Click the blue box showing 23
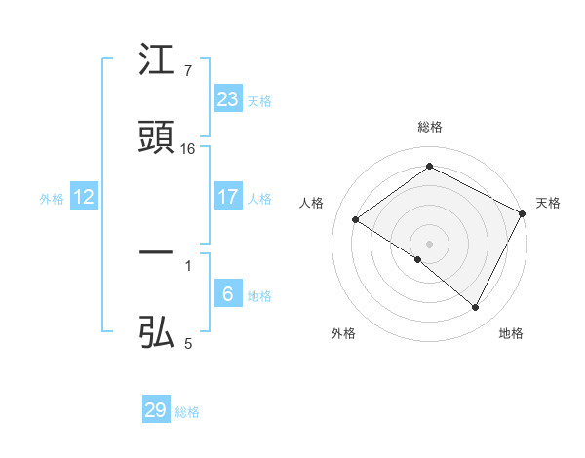pyautogui.click(x=228, y=99)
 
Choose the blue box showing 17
pyautogui.click(x=228, y=197)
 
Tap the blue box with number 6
pyautogui.click(x=228, y=294)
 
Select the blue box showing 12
pyautogui.click(x=84, y=198)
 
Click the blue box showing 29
pyautogui.click(x=156, y=410)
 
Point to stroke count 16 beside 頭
pyautogui.click(x=188, y=149)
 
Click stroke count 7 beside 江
pyautogui.click(x=188, y=71)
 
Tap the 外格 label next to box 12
pyautogui.click(x=52, y=199)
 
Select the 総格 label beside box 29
pyautogui.click(x=187, y=412)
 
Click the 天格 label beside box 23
pyautogui.click(x=259, y=101)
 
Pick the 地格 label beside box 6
pyautogui.click(x=259, y=296)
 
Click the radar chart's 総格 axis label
pyautogui.click(x=430, y=127)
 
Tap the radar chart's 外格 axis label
pyautogui.click(x=343, y=333)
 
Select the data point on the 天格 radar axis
pyautogui.click(x=523, y=213)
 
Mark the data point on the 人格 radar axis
pyautogui.click(x=356, y=220)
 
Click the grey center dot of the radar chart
pyautogui.click(x=430, y=243)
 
